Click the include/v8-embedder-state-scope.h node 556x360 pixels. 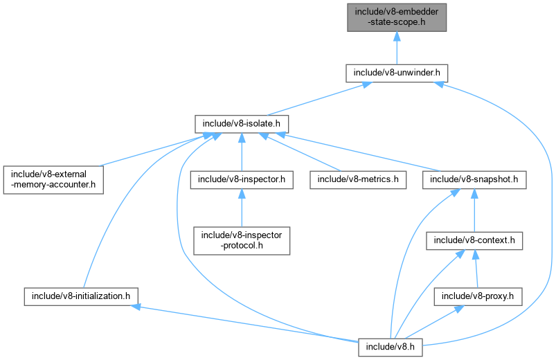(x=394, y=16)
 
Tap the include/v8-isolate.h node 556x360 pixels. (x=240, y=124)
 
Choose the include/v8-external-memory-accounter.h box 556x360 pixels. (x=53, y=179)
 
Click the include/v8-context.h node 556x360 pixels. (x=474, y=240)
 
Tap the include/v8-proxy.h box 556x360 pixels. (x=477, y=296)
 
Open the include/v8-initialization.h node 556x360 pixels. (x=80, y=296)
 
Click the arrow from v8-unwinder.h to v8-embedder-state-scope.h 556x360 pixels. (x=395, y=48)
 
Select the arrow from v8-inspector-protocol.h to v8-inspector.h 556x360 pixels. (x=240, y=208)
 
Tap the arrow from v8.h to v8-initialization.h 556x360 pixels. (x=242, y=322)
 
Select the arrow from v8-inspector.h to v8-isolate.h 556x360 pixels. (x=240, y=152)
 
